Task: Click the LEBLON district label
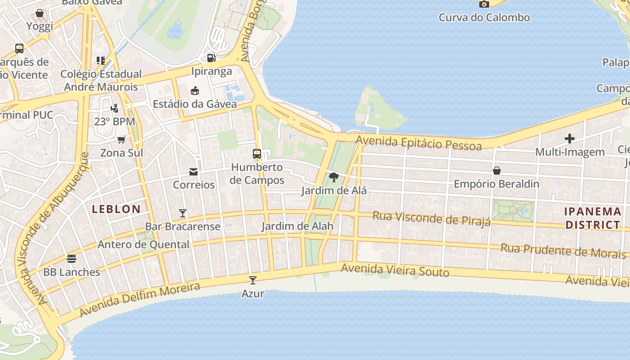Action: (117, 209)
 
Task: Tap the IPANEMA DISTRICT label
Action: (593, 218)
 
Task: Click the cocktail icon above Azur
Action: (253, 280)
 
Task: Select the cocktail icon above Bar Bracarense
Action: (183, 213)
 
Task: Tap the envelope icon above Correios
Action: (193, 171)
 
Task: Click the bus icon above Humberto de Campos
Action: (257, 154)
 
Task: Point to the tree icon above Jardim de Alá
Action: (333, 177)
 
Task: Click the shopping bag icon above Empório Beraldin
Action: (497, 171)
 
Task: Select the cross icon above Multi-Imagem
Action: (570, 139)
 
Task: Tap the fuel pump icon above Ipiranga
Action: (211, 58)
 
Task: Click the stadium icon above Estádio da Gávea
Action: (195, 91)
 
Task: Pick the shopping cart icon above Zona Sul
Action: (121, 140)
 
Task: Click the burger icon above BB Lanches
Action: (72, 259)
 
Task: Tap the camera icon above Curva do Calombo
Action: (484, 4)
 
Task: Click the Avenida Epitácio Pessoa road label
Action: (418, 143)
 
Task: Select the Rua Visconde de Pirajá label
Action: (431, 219)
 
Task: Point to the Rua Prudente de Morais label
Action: (563, 251)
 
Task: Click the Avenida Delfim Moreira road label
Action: (139, 300)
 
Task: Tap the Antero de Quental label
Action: (144, 245)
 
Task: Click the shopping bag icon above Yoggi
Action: (40, 13)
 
